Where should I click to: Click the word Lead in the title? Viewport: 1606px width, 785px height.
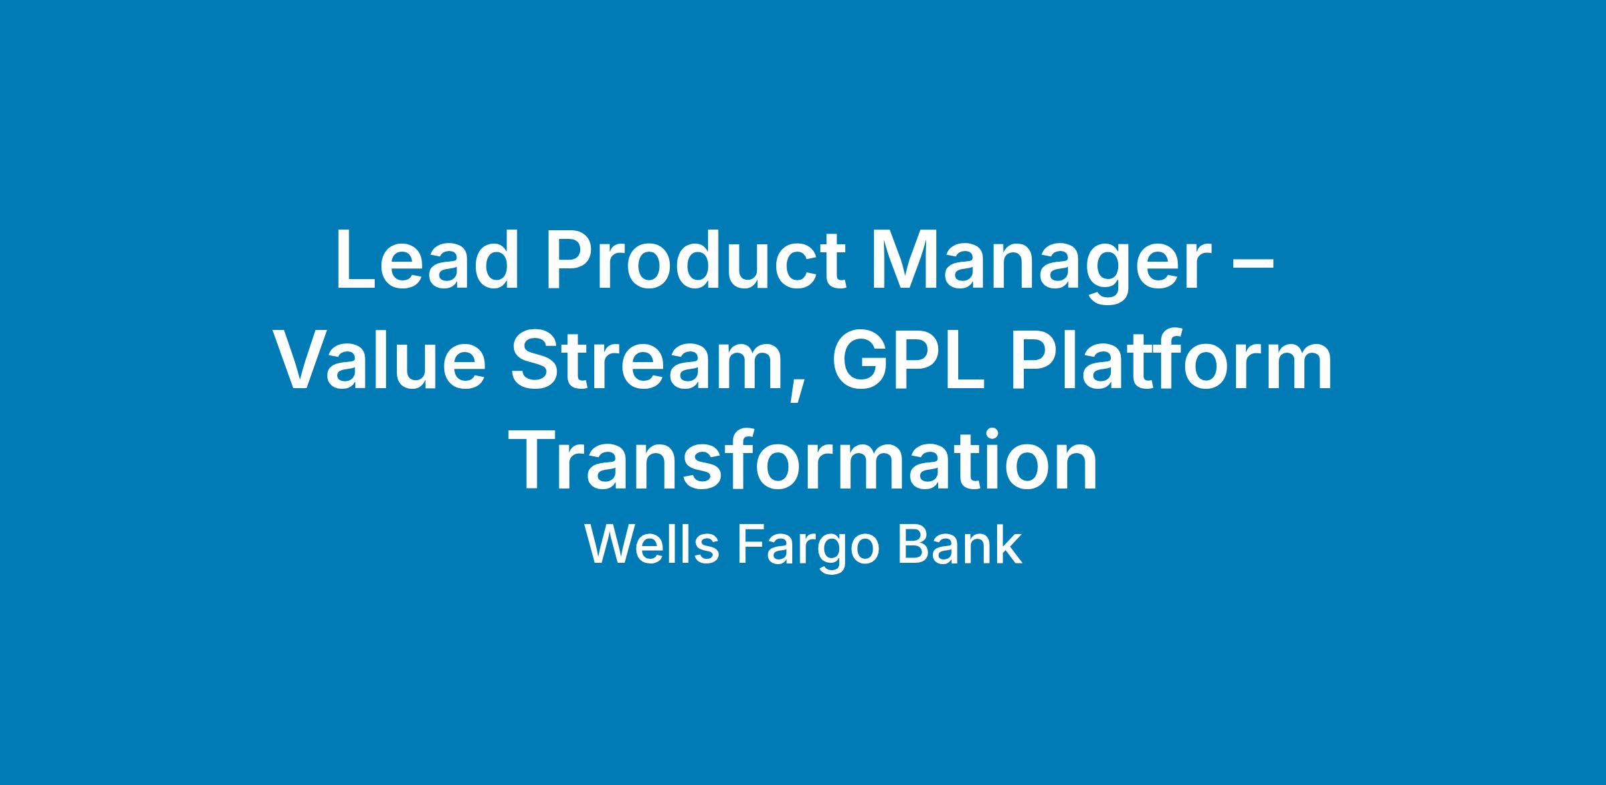(427, 260)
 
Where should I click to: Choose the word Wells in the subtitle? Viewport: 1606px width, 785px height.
(652, 545)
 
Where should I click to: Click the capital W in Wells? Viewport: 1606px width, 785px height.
(612, 545)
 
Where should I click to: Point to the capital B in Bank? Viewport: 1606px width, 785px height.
(912, 545)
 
